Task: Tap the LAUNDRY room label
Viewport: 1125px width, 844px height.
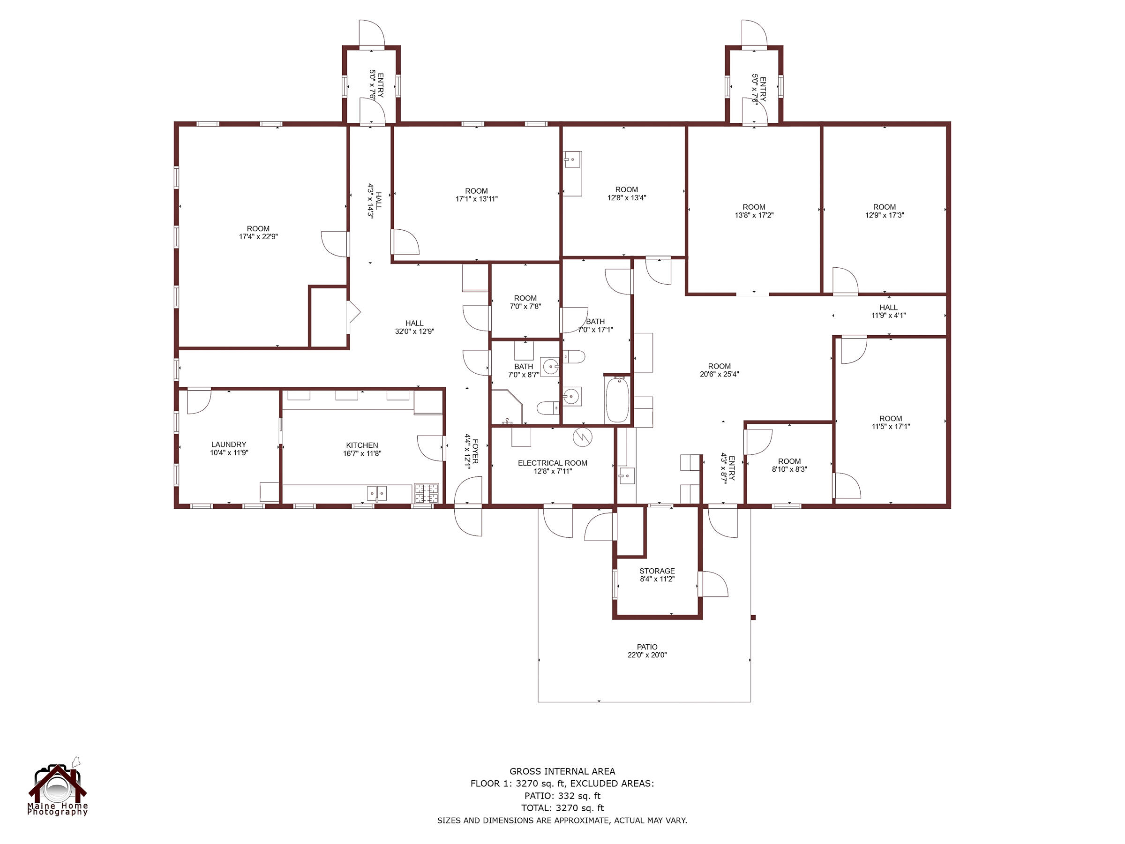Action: click(228, 444)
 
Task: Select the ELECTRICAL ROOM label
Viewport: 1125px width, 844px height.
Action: click(552, 463)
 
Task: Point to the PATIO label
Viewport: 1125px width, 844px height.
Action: click(647, 647)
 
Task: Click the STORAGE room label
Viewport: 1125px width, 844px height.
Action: click(657, 571)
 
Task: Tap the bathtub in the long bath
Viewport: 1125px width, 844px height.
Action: click(618, 399)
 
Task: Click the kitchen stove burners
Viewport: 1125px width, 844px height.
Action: click(426, 493)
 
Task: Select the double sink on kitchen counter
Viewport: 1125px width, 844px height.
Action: click(377, 493)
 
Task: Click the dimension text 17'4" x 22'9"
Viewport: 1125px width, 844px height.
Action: click(258, 237)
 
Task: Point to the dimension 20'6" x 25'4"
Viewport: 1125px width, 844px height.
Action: click(719, 374)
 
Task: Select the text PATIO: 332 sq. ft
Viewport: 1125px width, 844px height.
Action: click(562, 796)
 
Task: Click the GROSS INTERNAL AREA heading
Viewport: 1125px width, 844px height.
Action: click(562, 771)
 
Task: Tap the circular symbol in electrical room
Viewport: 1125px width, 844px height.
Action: click(583, 437)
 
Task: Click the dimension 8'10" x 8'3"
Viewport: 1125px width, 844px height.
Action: click(789, 469)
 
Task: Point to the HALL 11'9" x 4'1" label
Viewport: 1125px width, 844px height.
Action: click(888, 311)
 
